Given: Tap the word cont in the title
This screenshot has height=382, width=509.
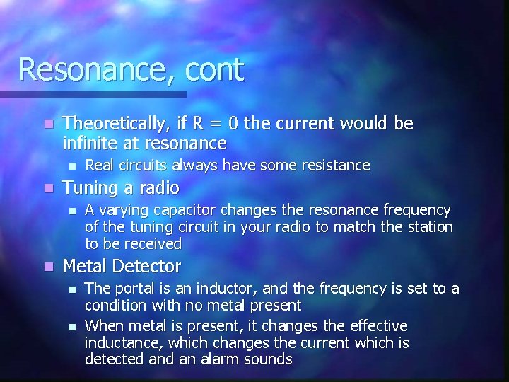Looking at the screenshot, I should [216, 69].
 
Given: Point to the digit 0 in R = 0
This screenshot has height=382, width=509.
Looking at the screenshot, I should [233, 124].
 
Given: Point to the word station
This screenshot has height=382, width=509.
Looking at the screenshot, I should [428, 227].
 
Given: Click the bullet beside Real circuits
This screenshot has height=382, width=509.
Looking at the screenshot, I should [71, 166].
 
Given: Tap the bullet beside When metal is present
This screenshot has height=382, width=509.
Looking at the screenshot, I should [71, 325].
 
